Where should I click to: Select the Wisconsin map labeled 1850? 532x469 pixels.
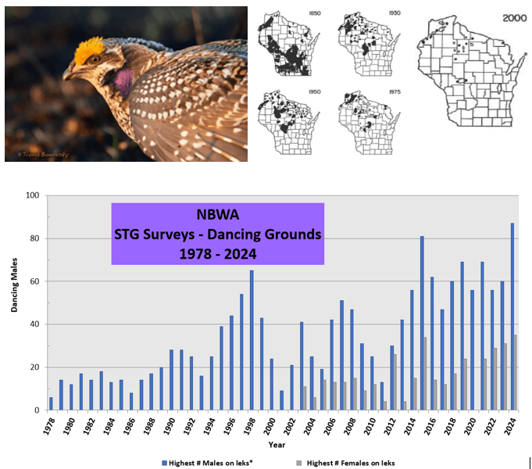289,43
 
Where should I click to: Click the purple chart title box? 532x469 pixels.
217,234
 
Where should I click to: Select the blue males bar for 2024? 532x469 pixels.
512,317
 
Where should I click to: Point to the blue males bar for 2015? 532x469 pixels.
422,323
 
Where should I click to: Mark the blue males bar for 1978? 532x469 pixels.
51,403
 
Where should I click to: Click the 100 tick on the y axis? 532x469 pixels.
32,195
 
